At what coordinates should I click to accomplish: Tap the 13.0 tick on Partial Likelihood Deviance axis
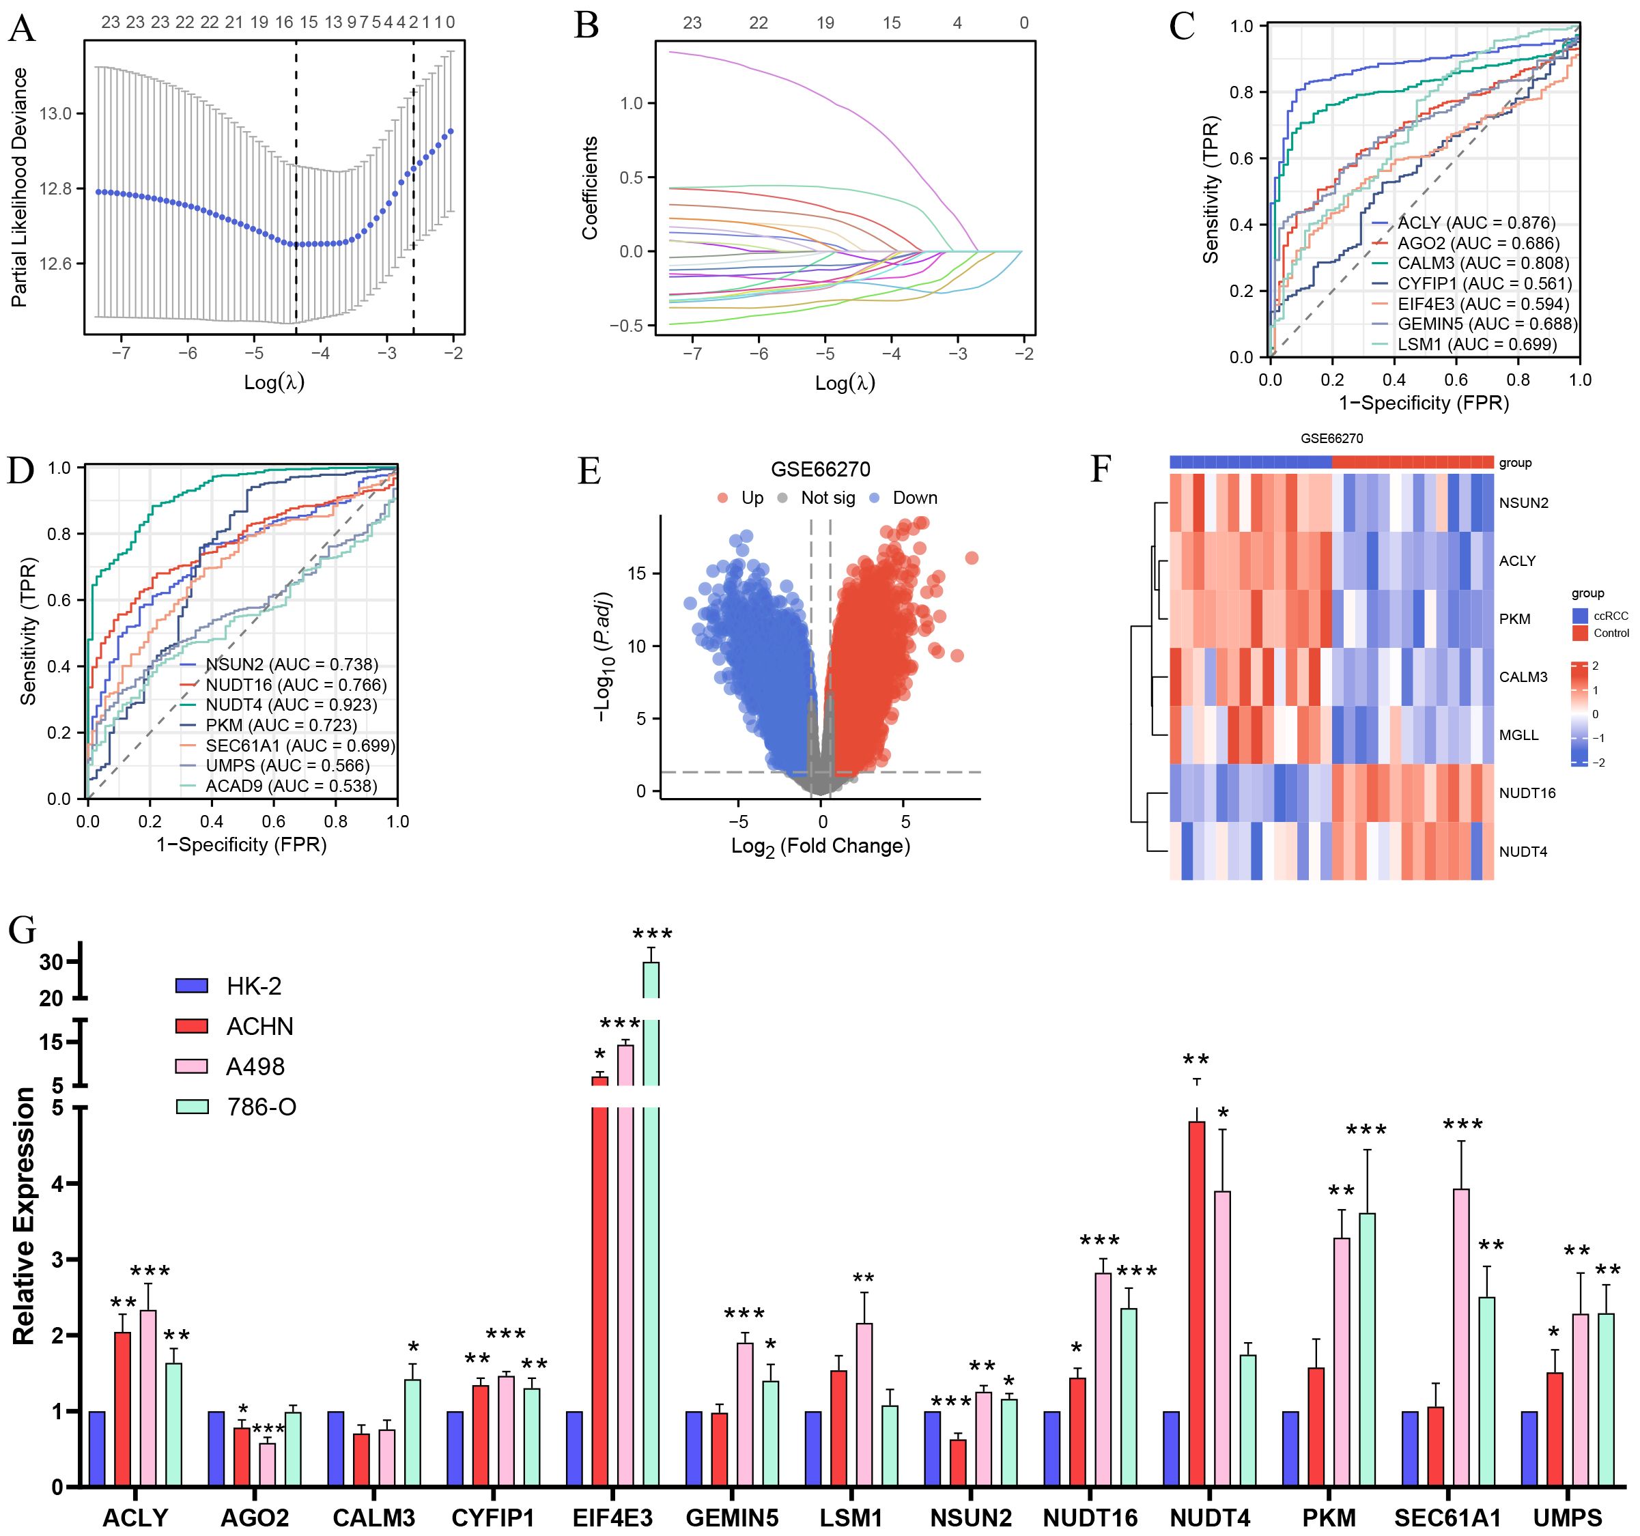click(56, 114)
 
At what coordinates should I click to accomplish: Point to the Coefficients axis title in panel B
click(589, 189)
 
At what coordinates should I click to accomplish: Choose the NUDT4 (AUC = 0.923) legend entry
click(292, 705)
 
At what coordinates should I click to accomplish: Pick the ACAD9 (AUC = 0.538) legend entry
click(292, 785)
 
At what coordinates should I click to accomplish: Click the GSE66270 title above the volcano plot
click(820, 470)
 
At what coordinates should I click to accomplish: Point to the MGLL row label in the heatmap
click(1518, 735)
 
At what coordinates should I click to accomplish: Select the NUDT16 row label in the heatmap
click(1527, 793)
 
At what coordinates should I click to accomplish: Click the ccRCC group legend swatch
click(1581, 615)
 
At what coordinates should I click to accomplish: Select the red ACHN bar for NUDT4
click(1196, 1303)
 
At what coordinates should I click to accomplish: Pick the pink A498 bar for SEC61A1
click(1461, 1337)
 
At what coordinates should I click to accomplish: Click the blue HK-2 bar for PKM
click(1291, 1448)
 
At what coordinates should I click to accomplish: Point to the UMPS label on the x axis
click(1568, 1517)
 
